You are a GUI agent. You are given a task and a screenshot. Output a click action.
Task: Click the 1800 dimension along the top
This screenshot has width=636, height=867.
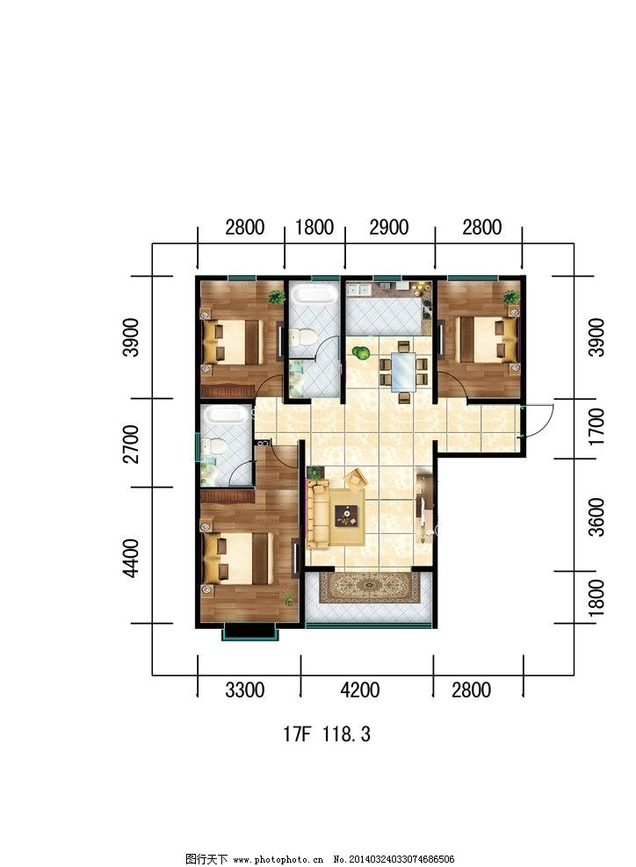[x=314, y=228]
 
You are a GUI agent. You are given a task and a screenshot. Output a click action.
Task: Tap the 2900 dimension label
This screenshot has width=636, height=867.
[x=389, y=228]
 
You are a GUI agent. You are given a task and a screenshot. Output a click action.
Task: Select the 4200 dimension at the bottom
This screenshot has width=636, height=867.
[x=359, y=690]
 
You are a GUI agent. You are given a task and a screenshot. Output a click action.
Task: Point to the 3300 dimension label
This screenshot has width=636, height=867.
[x=245, y=690]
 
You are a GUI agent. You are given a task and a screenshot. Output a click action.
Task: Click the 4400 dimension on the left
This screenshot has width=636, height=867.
[x=132, y=558]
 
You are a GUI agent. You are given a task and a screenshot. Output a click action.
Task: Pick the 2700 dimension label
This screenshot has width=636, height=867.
[x=132, y=444]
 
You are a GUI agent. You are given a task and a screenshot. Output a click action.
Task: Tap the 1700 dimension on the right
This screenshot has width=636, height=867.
[x=596, y=427]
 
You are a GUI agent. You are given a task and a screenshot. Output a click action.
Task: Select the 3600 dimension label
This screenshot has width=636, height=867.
[x=596, y=517]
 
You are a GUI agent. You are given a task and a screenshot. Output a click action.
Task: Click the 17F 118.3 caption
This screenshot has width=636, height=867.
[x=326, y=734]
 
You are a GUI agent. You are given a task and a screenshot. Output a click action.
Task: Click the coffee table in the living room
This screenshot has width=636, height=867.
[x=347, y=516]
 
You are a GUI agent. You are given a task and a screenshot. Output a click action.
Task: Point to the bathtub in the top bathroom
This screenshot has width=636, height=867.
[x=314, y=293]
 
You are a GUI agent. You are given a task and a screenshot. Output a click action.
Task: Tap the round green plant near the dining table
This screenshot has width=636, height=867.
[x=360, y=352]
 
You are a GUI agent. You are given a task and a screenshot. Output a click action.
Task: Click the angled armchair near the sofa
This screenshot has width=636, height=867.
[x=356, y=478]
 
